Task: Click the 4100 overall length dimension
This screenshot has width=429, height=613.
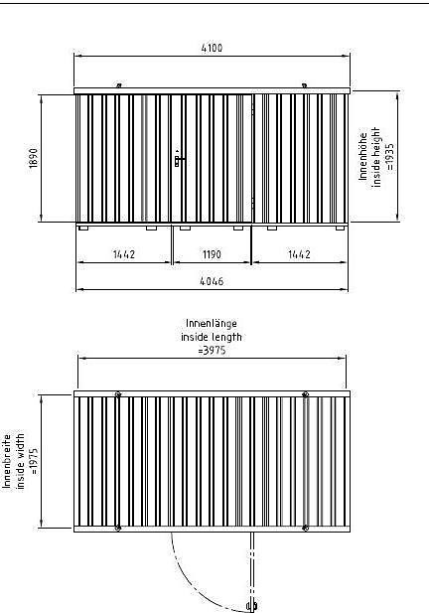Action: click(212, 48)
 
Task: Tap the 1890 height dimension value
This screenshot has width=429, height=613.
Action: click(34, 158)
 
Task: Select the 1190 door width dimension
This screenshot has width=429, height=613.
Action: click(212, 254)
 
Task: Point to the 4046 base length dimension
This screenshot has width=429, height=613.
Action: click(212, 281)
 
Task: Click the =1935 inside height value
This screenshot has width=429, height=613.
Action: click(390, 157)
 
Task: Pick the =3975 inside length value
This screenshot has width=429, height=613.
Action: click(212, 350)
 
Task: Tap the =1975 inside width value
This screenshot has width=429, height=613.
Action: click(34, 461)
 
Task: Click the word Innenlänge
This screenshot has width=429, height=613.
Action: click(212, 324)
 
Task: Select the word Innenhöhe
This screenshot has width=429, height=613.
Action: click(363, 157)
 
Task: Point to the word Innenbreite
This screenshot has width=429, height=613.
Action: click(7, 461)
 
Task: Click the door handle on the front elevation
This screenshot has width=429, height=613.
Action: click(179, 159)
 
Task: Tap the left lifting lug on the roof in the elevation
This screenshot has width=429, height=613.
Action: click(119, 85)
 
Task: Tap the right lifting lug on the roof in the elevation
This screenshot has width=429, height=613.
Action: click(304, 85)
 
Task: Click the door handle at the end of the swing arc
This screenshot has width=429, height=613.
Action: click(252, 606)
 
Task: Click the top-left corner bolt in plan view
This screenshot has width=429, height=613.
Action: click(118, 394)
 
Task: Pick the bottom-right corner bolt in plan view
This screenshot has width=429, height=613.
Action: click(306, 529)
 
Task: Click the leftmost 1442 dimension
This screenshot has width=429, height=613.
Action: click(124, 254)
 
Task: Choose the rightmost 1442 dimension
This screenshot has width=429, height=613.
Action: click(299, 254)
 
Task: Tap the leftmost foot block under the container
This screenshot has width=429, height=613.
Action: click(82, 228)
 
